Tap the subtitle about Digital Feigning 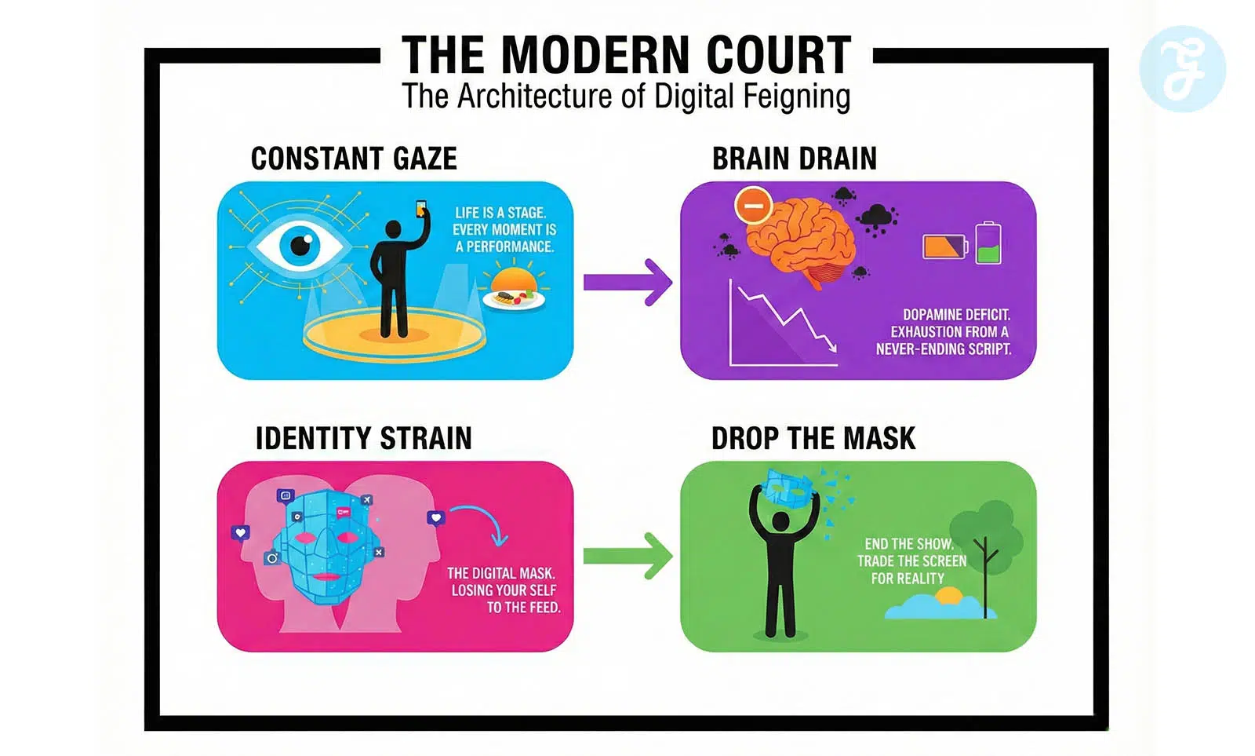coord(626,97)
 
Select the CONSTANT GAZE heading coord(354,159)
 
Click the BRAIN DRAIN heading coord(794,159)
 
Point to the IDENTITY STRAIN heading coord(363,438)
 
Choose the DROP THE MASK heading coord(813,438)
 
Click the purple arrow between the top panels coord(627,282)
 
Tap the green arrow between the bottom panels coord(627,556)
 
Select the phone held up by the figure coord(421,209)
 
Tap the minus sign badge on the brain coord(753,206)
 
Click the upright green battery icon coord(988,243)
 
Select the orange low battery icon coord(944,247)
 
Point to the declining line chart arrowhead coord(830,346)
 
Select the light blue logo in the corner coord(1182,69)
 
